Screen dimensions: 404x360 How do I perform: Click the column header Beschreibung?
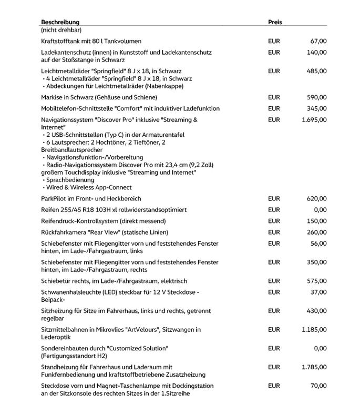[x=60, y=23]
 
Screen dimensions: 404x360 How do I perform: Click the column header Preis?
[x=275, y=23]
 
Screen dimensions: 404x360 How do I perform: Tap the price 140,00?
[x=316, y=53]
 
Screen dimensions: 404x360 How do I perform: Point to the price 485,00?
[x=316, y=71]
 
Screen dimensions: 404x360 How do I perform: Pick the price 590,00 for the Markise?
[x=316, y=97]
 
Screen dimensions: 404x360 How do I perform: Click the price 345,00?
[x=316, y=108]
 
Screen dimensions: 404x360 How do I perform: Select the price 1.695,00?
[x=314, y=120]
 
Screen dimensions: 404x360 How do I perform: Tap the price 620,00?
[x=316, y=199]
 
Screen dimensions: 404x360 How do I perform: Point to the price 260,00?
[x=316, y=233]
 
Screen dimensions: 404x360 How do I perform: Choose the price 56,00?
[x=318, y=244]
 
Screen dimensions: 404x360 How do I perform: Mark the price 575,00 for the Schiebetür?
[x=316, y=281]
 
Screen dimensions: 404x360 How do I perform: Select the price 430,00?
[x=316, y=311]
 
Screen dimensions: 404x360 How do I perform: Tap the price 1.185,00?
[x=314, y=330]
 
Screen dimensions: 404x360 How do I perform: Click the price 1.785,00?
[x=314, y=367]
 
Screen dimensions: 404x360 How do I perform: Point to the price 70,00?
[x=318, y=386]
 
